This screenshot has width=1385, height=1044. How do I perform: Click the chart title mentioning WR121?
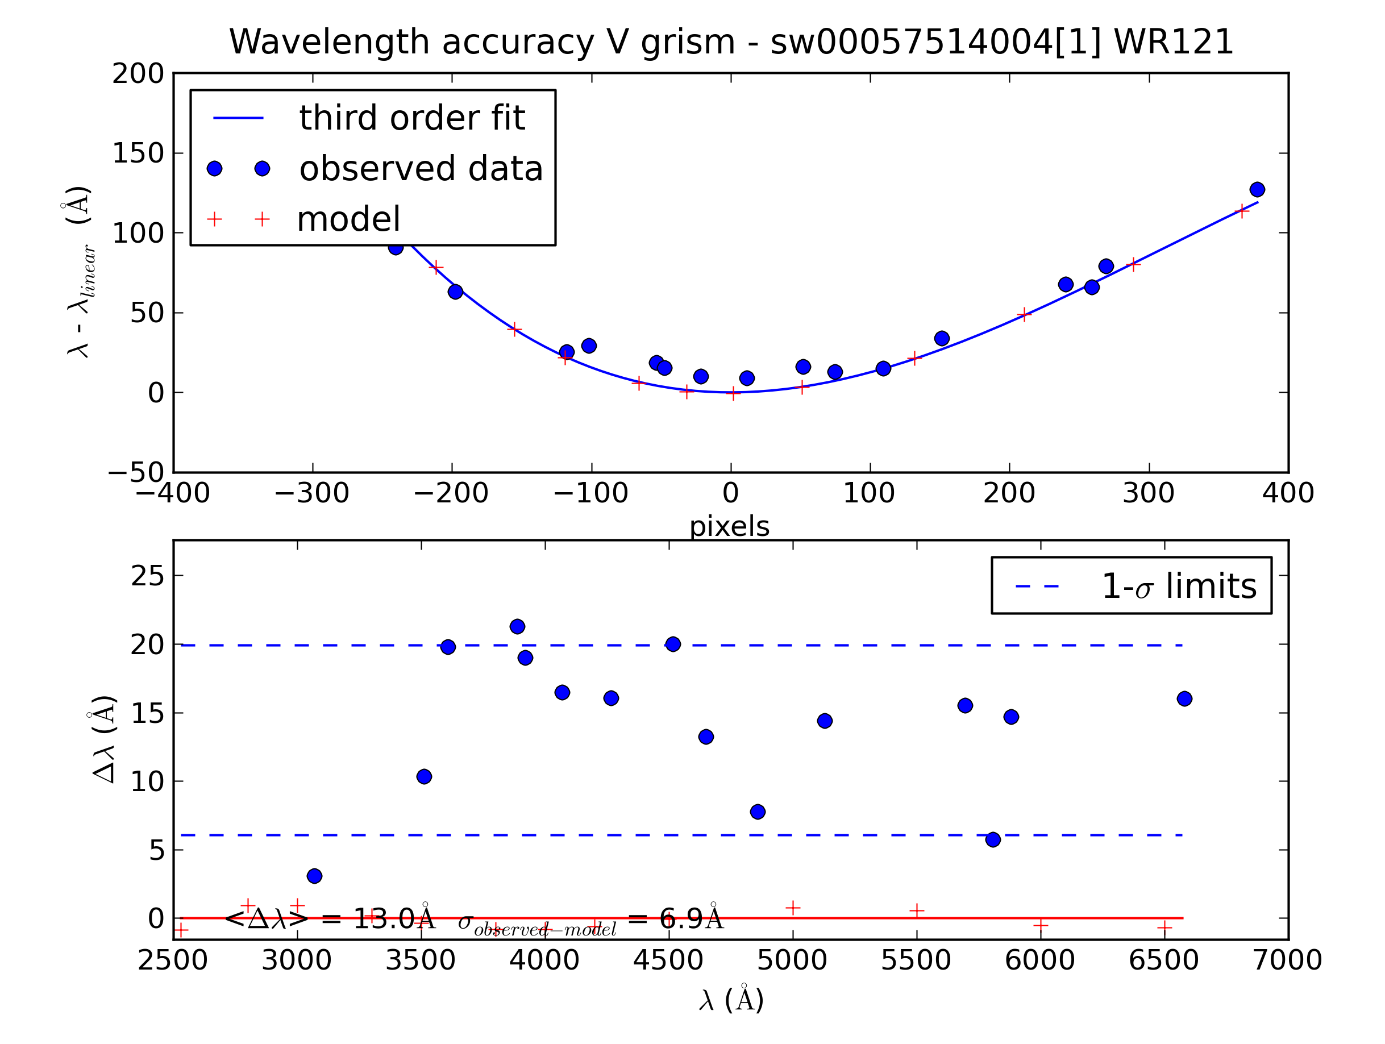(731, 42)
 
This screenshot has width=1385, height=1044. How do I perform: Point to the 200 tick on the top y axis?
(138, 74)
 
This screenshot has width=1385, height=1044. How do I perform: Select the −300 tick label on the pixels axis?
(312, 493)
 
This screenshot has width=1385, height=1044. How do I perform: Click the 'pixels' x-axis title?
(730, 527)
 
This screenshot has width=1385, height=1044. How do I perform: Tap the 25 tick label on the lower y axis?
(148, 576)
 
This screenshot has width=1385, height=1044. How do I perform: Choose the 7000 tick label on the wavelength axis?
(1287, 960)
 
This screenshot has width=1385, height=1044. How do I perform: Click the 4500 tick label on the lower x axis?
(668, 960)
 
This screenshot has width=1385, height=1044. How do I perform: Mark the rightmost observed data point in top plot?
(1257, 189)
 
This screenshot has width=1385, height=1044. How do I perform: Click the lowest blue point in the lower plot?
(314, 876)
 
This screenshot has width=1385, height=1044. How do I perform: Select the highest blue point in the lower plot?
(517, 626)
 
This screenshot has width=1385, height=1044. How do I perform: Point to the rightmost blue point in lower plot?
(1184, 698)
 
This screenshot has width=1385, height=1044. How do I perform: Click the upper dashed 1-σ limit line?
(814, 645)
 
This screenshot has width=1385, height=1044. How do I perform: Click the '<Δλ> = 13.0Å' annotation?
(328, 920)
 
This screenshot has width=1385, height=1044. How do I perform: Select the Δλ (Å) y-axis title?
(103, 739)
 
